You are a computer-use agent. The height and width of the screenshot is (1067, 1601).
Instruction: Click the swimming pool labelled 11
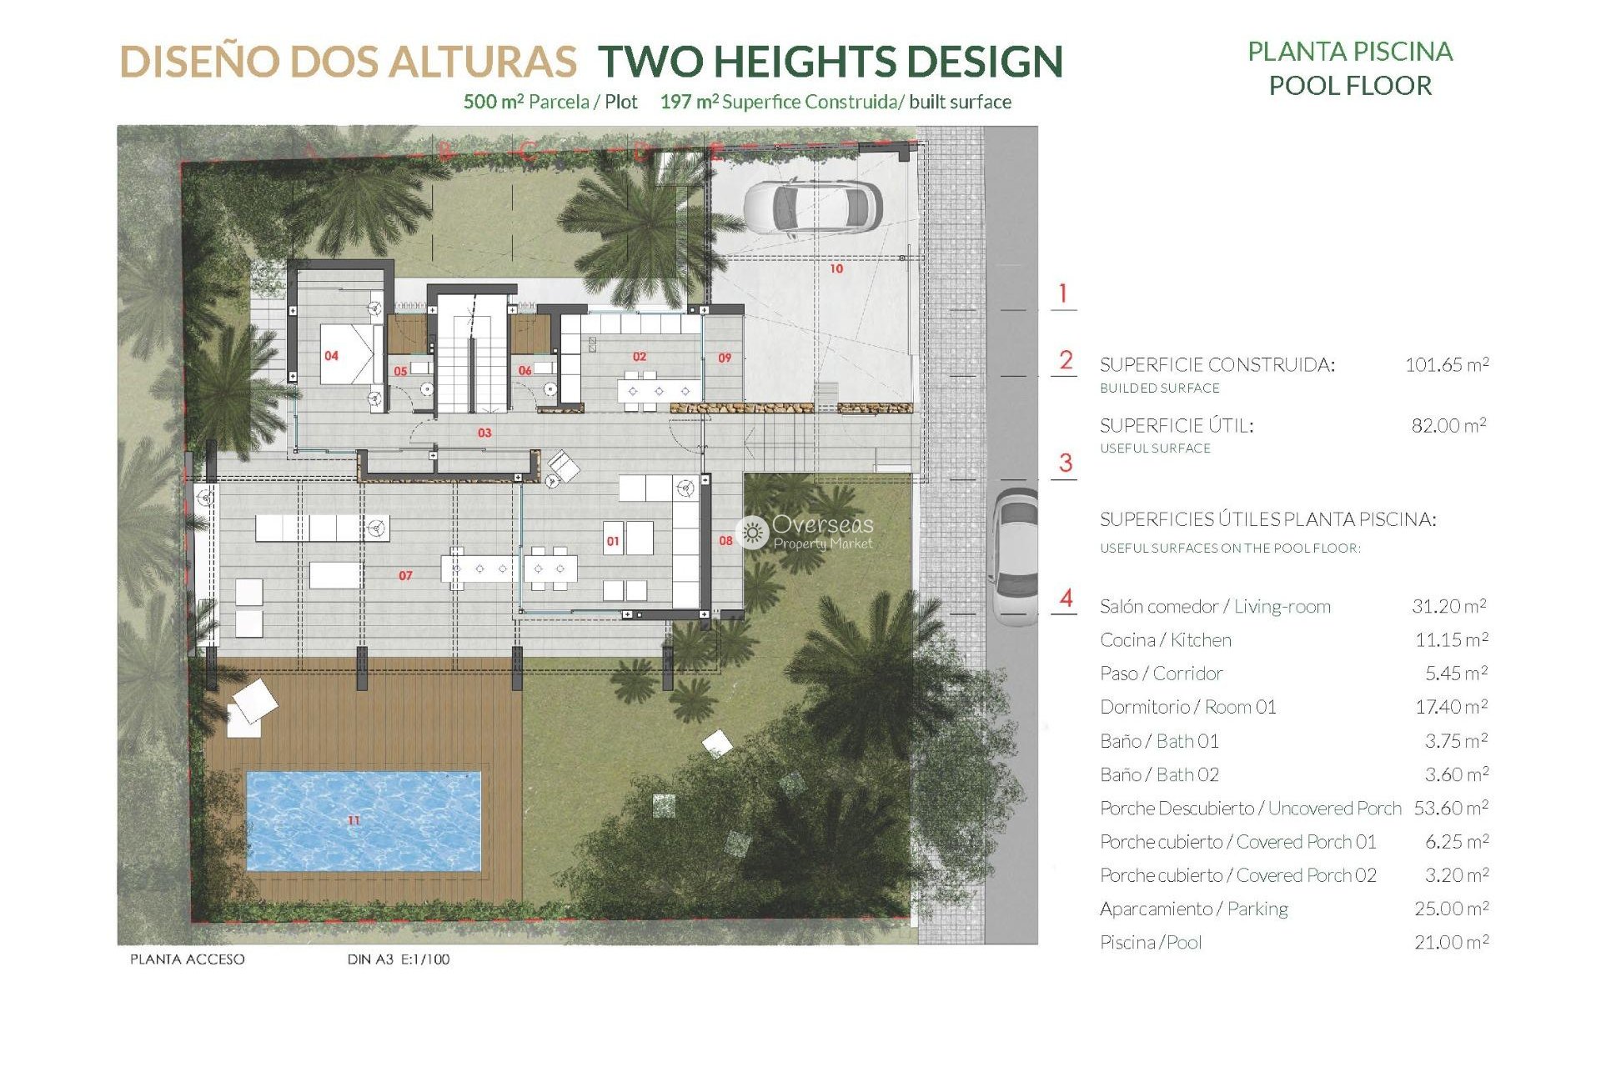tap(364, 821)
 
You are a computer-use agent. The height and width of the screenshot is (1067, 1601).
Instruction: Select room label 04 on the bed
tap(331, 356)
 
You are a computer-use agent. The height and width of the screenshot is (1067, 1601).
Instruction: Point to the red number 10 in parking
tap(836, 268)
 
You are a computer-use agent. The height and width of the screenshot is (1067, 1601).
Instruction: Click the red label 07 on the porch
tap(405, 575)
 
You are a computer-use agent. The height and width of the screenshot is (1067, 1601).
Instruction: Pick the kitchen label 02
tap(640, 356)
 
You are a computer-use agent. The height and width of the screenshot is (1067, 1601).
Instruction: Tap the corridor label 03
tap(484, 433)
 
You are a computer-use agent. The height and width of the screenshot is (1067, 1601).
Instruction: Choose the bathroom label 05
tap(400, 371)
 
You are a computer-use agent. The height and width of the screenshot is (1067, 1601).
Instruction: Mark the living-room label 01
tap(613, 541)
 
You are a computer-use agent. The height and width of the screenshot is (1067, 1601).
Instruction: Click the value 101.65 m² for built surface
tap(1447, 364)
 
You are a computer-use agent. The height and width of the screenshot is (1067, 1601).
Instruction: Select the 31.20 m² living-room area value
tap(1448, 606)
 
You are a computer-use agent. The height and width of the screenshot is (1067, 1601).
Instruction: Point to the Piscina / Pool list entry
tap(1151, 943)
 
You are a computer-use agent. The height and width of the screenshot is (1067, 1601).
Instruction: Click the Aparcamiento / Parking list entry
tap(1193, 909)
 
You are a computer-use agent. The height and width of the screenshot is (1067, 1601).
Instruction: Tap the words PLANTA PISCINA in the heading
tap(1349, 52)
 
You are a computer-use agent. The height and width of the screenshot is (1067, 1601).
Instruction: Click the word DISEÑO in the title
tap(198, 62)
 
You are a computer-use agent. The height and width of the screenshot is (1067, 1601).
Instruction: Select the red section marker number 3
tap(1065, 463)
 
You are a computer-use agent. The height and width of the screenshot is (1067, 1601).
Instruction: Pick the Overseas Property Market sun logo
tap(753, 532)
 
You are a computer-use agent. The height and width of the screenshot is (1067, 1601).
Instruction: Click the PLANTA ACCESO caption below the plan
tap(188, 959)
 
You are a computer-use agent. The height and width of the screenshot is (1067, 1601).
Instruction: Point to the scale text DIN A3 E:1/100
tap(398, 959)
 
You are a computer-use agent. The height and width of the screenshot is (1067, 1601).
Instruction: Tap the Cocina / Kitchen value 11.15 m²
tap(1451, 640)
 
